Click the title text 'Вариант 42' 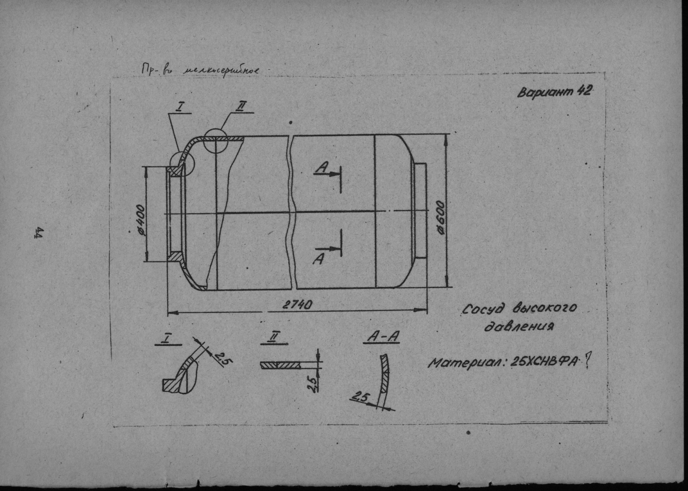tap(554, 93)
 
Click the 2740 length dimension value tap(297, 305)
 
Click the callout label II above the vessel tap(241, 107)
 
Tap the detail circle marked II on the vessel tap(215, 141)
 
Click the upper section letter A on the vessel tap(321, 167)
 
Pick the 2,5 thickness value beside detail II tap(311, 383)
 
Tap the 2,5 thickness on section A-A tap(361, 397)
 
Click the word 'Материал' tap(467, 363)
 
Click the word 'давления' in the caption tap(521, 326)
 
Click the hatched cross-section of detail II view tap(281, 365)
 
